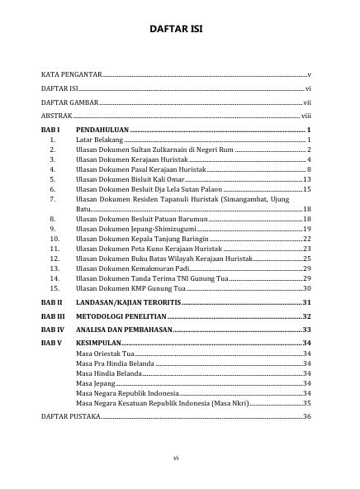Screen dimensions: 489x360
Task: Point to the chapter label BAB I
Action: [51, 131]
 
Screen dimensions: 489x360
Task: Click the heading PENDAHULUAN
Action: [102, 131]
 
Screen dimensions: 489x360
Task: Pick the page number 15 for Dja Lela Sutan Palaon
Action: [306, 189]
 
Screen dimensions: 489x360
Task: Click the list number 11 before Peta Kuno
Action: [54, 248]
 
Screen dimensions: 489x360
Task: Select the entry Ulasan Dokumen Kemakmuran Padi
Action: [133, 268]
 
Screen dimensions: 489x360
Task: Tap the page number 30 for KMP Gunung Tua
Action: [306, 287]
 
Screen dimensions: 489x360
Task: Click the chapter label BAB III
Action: [53, 316]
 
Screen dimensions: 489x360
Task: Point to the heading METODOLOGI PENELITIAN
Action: [120, 316]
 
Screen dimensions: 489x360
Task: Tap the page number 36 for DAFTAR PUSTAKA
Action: [306, 416]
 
